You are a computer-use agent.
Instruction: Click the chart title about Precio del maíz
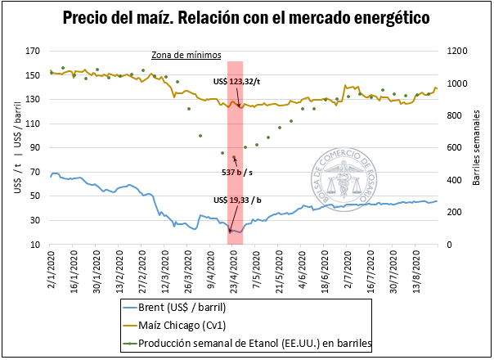coord(246,17)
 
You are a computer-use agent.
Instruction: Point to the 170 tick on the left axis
coord(33,51)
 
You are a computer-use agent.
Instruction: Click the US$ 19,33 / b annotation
coord(237,200)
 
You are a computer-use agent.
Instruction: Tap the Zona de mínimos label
coord(186,56)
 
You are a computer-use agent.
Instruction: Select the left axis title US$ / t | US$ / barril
coord(13,148)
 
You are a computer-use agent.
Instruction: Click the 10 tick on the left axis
coord(35,245)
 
